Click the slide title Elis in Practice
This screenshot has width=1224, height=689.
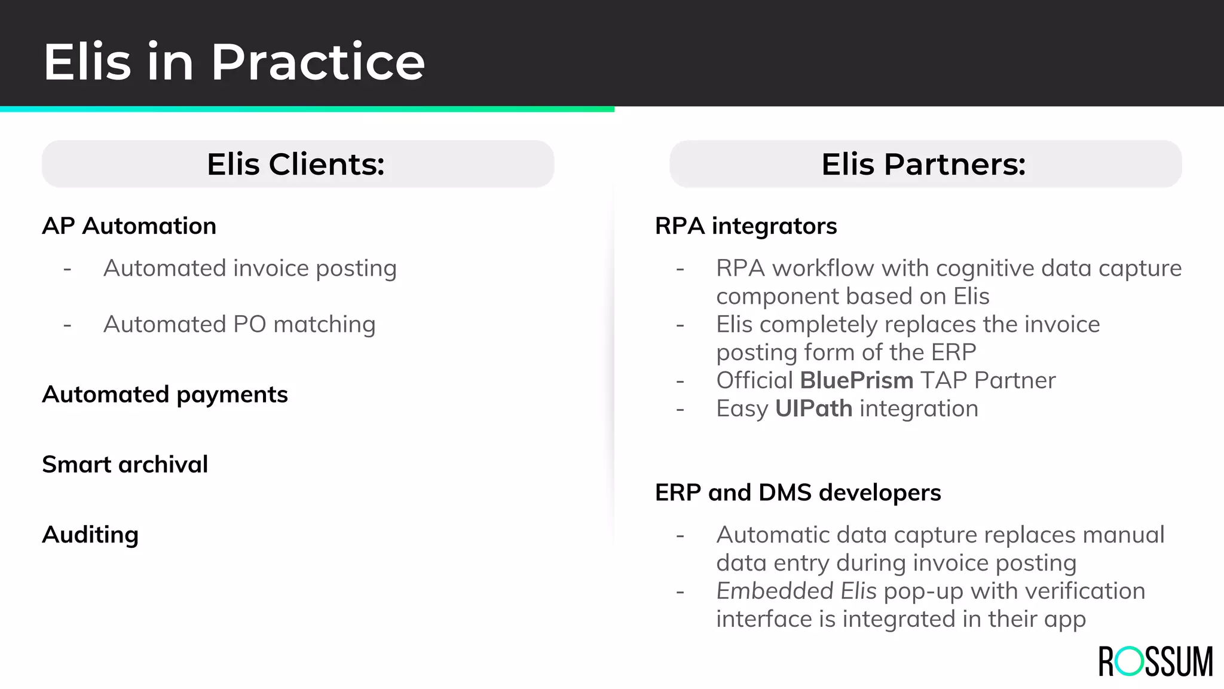[234, 62]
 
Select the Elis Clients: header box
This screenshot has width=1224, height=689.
[298, 164]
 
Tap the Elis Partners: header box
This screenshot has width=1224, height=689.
[925, 164]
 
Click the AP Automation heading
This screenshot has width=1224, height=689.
[129, 226]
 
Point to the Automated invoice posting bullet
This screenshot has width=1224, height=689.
[250, 269]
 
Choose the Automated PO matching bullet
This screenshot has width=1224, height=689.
[239, 324]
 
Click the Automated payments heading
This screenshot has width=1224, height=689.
[165, 395]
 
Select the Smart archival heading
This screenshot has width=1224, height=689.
[125, 465]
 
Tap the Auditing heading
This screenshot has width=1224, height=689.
[90, 535]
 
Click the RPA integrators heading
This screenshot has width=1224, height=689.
[746, 226]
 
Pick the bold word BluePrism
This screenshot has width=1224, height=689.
[856, 380]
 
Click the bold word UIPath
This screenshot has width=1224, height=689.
[813, 408]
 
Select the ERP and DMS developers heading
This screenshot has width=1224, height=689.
[798, 493]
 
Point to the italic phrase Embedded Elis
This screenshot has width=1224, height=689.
[796, 591]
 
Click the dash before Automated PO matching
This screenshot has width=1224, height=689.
[68, 325]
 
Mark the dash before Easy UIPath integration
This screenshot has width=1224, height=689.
[680, 410]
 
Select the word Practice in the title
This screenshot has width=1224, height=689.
[317, 62]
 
